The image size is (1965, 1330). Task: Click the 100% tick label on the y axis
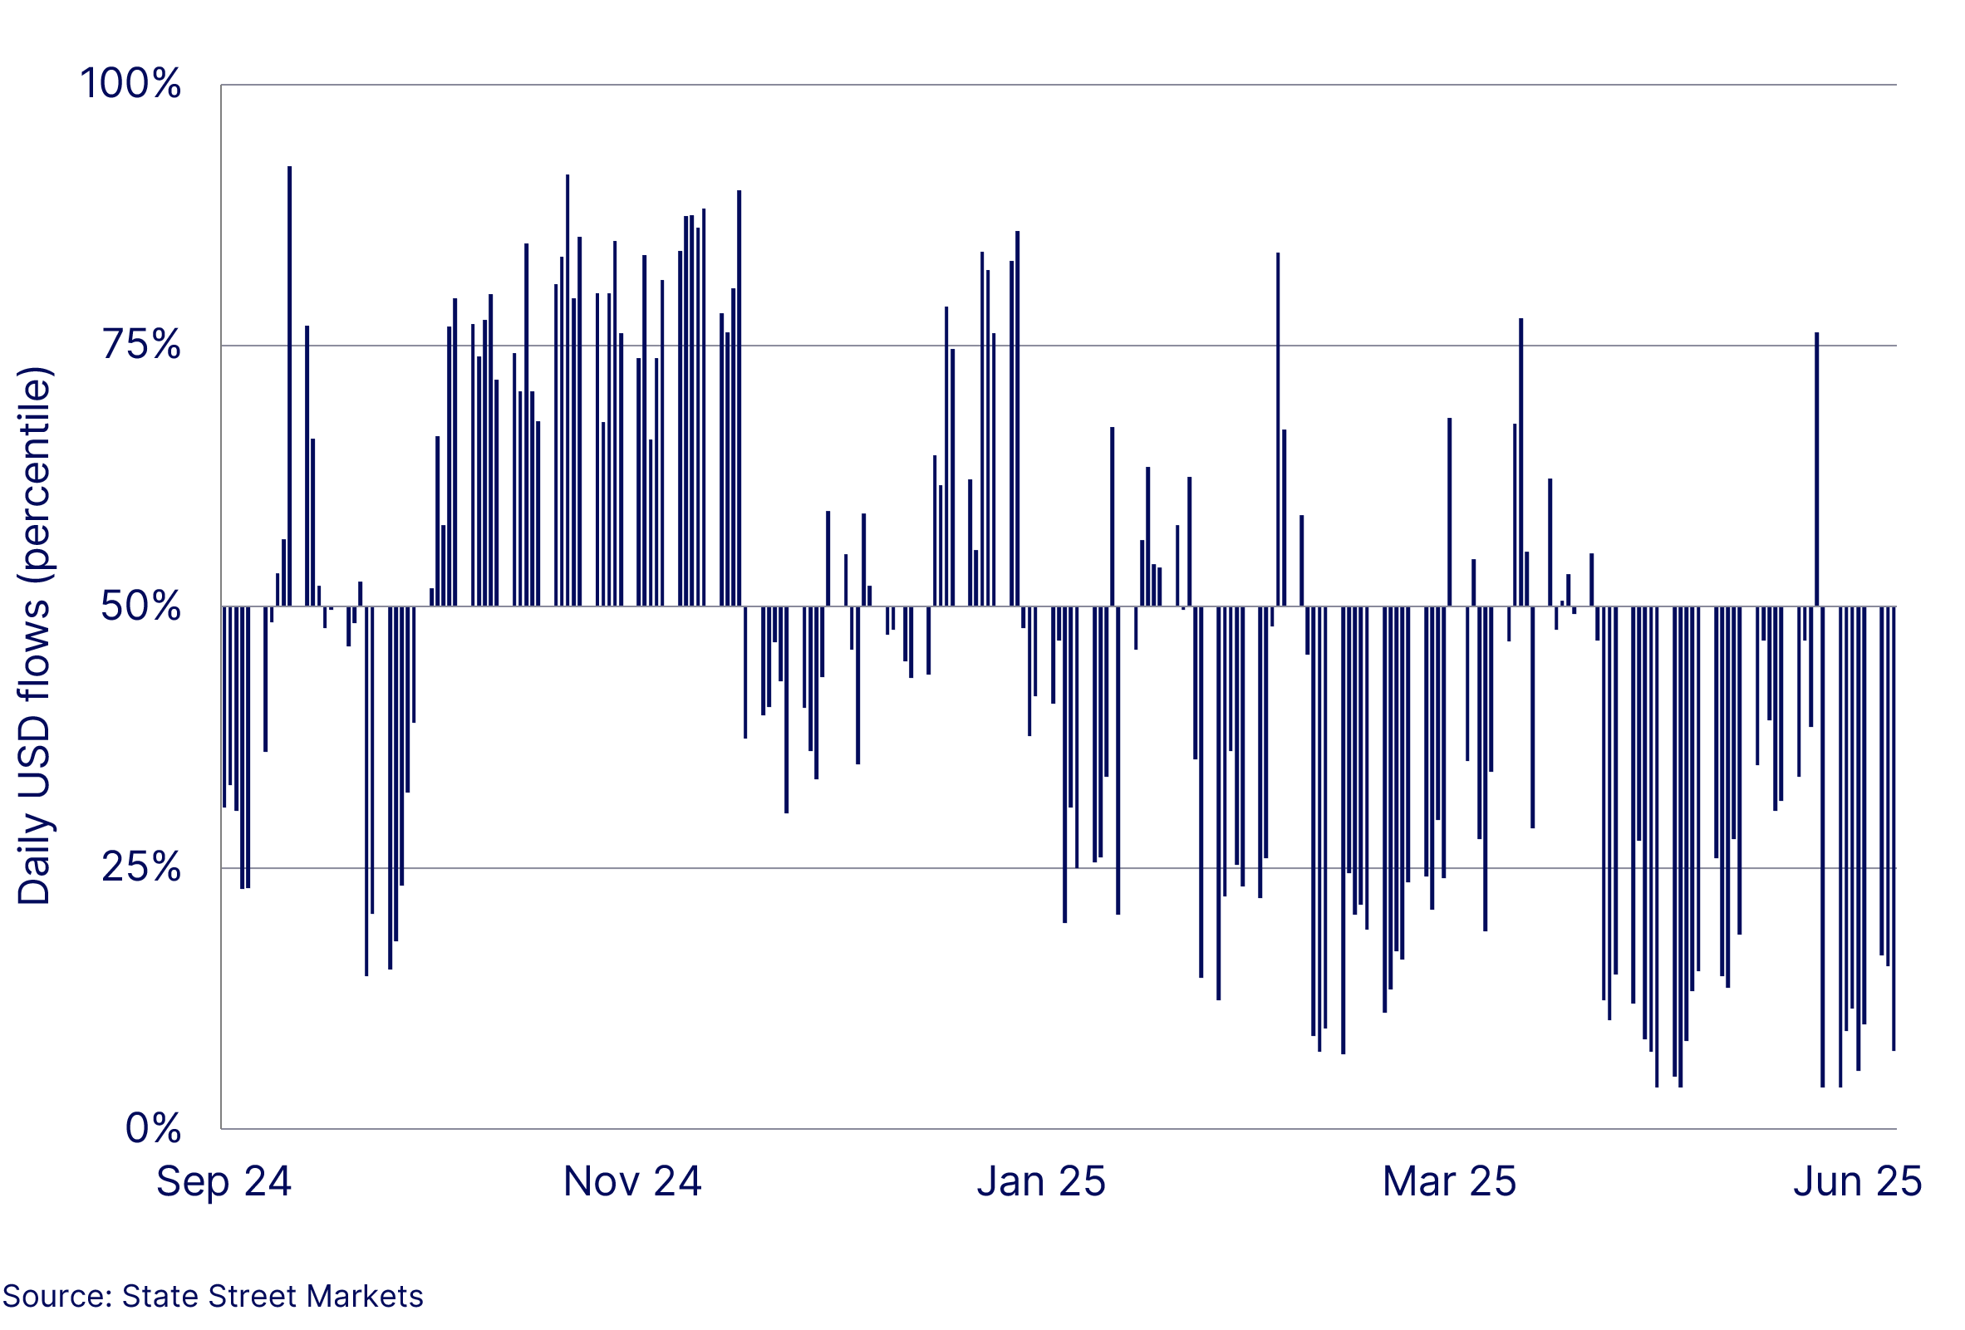[x=130, y=84]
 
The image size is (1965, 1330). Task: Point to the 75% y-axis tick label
[x=141, y=345]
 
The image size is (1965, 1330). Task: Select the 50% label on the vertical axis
[x=140, y=606]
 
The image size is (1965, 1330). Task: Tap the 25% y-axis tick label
[x=141, y=867]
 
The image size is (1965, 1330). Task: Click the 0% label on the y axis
[x=153, y=1128]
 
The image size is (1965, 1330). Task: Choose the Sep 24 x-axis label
[x=224, y=1181]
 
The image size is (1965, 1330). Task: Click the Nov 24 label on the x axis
[x=632, y=1181]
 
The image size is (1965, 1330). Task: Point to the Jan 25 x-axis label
[x=1041, y=1181]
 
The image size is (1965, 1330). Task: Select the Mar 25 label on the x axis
[x=1449, y=1181]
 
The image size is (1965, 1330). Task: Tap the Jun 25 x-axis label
[x=1858, y=1181]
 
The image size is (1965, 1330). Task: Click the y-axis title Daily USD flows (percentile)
[x=35, y=636]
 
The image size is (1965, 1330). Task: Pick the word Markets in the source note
[x=365, y=1296]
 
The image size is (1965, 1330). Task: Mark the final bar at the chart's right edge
[x=1894, y=828]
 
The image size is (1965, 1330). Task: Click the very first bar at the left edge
[x=224, y=707]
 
